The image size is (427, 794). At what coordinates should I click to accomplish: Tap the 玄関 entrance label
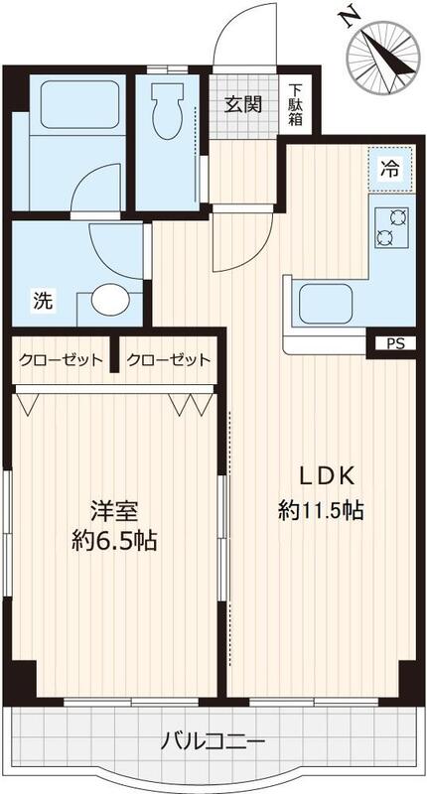(243, 104)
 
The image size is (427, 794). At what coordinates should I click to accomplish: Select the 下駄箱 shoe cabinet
(296, 104)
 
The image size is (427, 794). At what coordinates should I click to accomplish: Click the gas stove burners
(390, 227)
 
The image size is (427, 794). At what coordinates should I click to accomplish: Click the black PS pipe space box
(393, 343)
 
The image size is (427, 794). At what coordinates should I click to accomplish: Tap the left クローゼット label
(61, 359)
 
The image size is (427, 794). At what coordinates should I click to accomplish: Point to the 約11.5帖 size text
(321, 511)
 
